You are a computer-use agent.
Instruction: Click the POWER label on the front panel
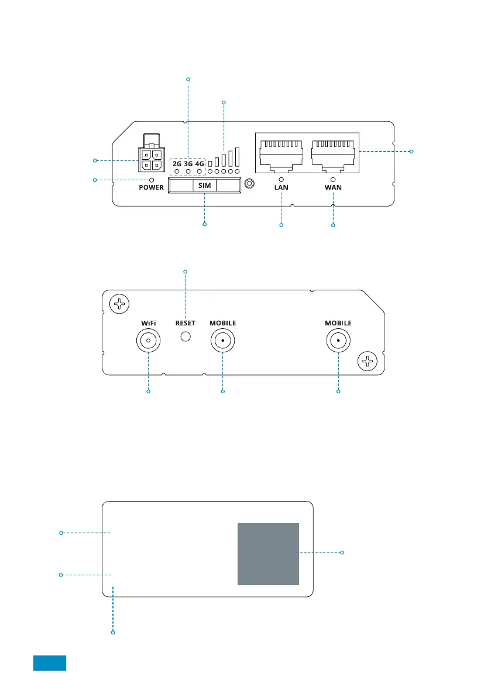[x=151, y=188]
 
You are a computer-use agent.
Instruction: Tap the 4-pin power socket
[x=152, y=160]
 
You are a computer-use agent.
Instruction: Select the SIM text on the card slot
[x=204, y=186]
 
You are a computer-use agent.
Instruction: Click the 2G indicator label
[x=177, y=164]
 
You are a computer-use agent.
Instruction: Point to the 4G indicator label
[x=200, y=164]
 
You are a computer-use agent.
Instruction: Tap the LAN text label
[x=281, y=188]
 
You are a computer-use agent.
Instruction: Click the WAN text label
[x=333, y=188]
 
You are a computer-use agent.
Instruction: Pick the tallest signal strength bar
[x=237, y=157]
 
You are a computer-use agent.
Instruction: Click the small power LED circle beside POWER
[x=152, y=180]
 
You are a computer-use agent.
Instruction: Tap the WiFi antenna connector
[x=149, y=341]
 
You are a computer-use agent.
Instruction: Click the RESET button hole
[x=186, y=337]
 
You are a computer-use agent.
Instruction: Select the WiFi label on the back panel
[x=149, y=323]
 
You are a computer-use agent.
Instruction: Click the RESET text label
[x=186, y=323]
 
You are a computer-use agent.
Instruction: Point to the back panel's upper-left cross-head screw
[x=119, y=304]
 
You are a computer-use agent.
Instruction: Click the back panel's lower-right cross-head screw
[x=368, y=361]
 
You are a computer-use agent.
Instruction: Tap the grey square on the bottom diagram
[x=269, y=554]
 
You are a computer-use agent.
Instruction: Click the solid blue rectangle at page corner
[x=50, y=663]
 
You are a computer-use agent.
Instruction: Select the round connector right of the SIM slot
[x=250, y=184]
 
